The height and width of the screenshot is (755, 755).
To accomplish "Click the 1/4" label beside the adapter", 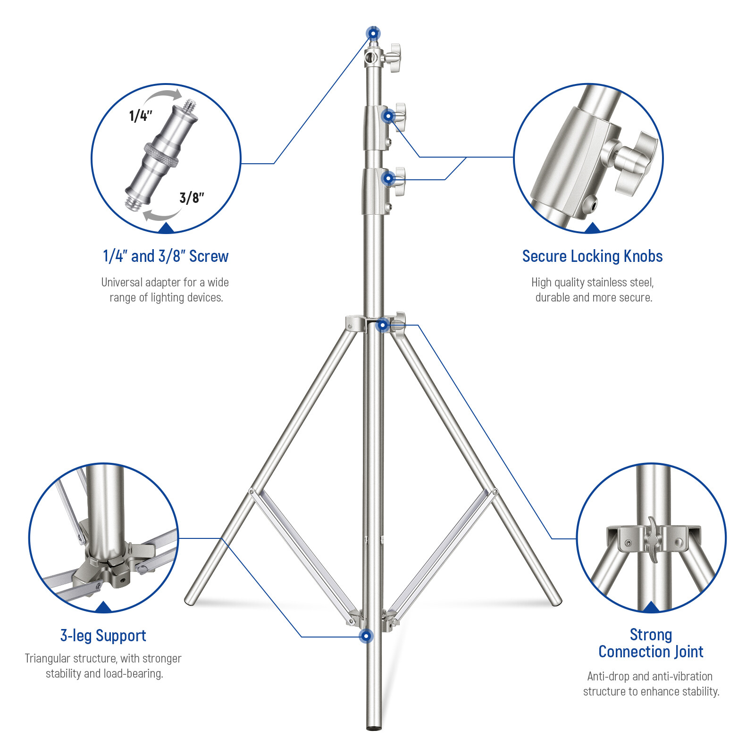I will [x=141, y=116].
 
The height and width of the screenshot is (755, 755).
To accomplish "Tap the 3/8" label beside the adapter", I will [x=192, y=198].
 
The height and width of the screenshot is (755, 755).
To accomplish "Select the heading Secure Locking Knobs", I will [x=592, y=256].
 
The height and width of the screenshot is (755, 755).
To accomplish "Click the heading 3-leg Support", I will [x=103, y=636].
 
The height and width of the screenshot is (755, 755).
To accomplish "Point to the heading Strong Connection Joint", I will [x=651, y=643].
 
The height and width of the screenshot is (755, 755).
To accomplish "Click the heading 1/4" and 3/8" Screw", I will [x=166, y=256].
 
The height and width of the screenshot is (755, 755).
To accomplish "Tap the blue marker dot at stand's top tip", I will [x=373, y=34].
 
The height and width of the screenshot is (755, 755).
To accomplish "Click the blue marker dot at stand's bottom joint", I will [x=366, y=636].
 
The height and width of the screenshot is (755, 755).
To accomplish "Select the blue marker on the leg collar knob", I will [x=383, y=325].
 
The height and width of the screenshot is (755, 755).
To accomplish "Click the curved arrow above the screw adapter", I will [x=163, y=96].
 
